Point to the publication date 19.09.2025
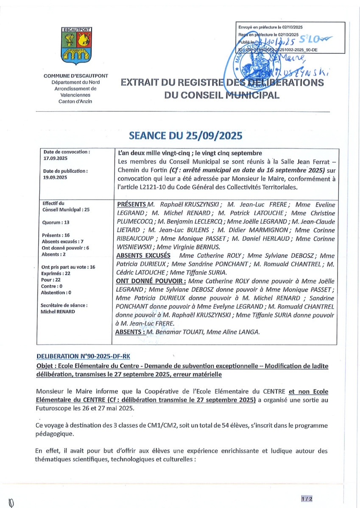(x=53, y=178)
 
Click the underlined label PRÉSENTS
(x=131, y=204)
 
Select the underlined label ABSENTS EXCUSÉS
(x=143, y=256)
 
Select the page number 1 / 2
(x=307, y=499)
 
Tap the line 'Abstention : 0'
(x=56, y=293)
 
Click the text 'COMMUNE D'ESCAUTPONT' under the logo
(x=75, y=76)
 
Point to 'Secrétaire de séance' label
(x=64, y=305)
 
